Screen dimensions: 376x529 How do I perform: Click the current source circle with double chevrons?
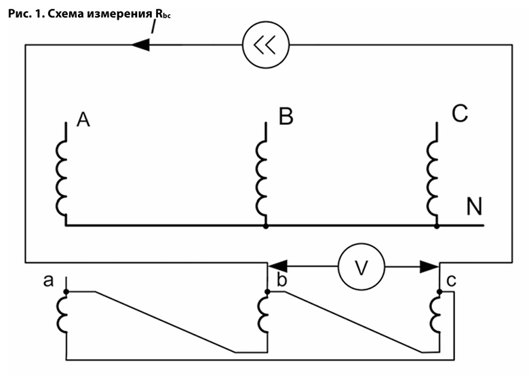(266, 45)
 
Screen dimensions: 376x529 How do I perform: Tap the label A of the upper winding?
(83, 120)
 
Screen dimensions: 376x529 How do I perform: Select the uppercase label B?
(286, 117)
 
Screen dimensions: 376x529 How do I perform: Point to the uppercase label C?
(459, 114)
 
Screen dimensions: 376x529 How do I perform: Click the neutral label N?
(474, 206)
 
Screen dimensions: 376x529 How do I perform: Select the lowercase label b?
(279, 280)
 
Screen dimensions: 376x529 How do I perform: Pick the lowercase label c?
(451, 280)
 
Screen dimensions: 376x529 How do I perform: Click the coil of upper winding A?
(62, 176)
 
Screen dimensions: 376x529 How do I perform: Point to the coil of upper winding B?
(261, 176)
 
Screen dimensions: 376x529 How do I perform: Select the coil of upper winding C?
(432, 176)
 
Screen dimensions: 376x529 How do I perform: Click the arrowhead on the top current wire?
(140, 45)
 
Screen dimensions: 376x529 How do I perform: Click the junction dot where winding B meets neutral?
(265, 225)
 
